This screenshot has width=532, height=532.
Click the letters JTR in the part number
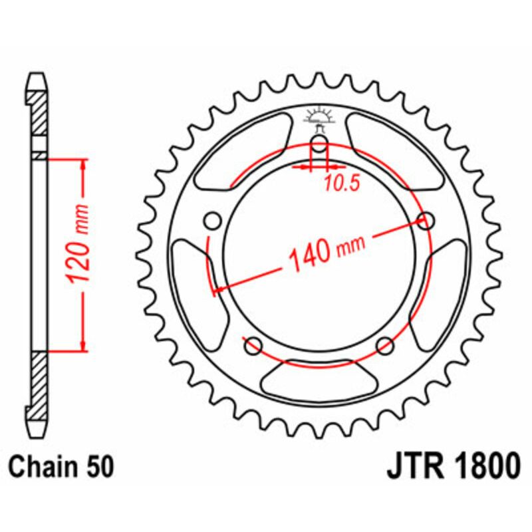click(413, 465)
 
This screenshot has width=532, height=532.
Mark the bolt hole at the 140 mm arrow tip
click(426, 220)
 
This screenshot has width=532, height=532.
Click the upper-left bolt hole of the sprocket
click(213, 220)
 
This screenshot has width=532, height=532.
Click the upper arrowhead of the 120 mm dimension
click(84, 166)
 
